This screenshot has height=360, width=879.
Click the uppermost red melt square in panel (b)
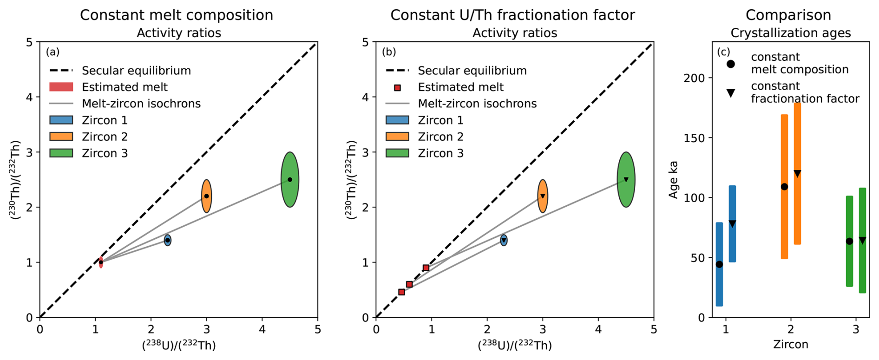point(426,268)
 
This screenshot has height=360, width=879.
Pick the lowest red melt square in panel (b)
point(401,292)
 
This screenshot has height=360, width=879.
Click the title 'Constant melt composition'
point(177,15)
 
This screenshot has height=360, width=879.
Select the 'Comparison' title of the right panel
point(788,15)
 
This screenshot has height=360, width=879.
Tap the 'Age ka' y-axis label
point(673,180)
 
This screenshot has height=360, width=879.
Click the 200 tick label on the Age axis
point(695,78)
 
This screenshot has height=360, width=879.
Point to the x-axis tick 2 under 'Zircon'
point(791,330)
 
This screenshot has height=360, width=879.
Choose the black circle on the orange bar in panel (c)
point(784,187)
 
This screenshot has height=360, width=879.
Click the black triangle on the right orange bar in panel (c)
point(797,174)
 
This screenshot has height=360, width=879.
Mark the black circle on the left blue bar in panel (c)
point(719,264)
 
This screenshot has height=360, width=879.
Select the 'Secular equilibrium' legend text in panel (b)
point(472,71)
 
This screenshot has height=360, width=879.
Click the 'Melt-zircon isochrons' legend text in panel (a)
point(141,104)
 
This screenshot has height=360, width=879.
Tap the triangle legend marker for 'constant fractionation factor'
point(731,93)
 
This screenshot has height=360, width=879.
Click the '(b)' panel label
point(388,52)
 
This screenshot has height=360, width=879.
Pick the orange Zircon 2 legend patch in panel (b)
point(397,137)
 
